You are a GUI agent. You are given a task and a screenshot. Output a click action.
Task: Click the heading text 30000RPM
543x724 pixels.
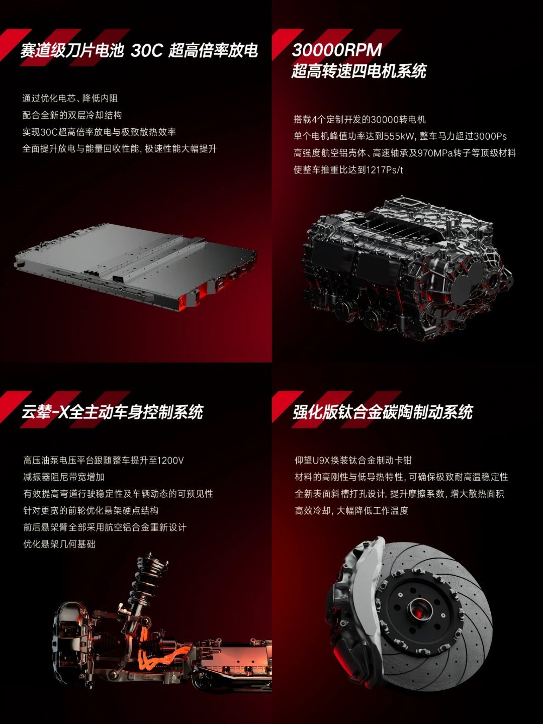click(337, 50)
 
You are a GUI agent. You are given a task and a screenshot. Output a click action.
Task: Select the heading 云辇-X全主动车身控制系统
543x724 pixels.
click(113, 412)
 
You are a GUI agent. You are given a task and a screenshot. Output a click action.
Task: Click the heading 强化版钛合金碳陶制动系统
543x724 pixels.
click(383, 412)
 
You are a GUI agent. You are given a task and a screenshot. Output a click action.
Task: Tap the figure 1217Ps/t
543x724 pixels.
click(385, 170)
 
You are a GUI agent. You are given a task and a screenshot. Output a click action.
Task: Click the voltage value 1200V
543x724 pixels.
click(170, 460)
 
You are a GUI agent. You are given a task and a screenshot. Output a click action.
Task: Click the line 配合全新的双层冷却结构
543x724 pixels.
click(72, 115)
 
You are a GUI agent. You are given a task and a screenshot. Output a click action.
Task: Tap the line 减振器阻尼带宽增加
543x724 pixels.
click(64, 477)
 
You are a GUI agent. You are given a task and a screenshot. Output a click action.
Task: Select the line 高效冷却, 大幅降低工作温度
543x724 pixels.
click(351, 511)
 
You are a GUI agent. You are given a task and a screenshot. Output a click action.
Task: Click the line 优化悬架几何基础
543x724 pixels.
click(59, 544)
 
